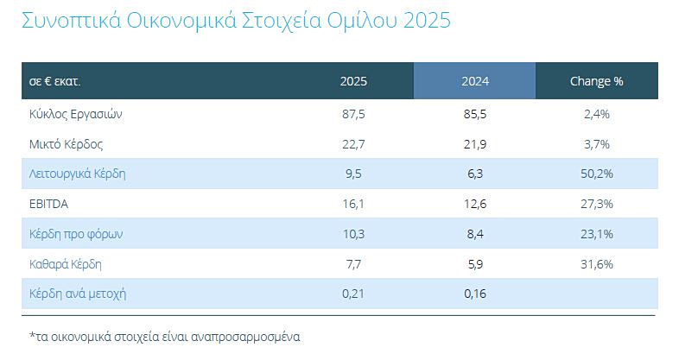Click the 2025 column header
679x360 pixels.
(x=353, y=81)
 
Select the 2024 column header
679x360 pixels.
(x=474, y=81)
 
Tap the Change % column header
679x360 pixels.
(x=596, y=81)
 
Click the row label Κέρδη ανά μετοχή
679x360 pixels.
(x=78, y=293)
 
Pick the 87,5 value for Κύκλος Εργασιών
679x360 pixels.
(x=353, y=114)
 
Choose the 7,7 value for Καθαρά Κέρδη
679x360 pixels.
(x=353, y=263)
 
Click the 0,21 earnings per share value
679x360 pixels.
(x=353, y=293)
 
